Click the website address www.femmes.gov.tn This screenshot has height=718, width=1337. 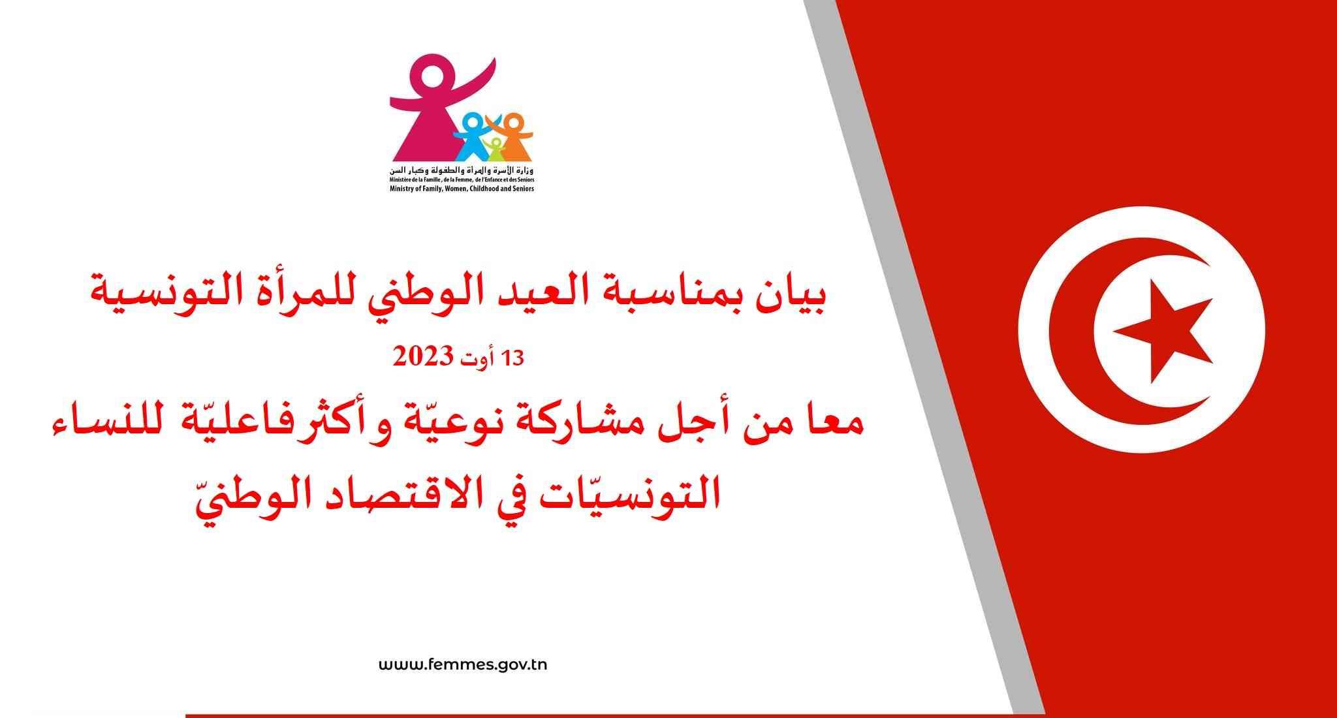pos(463,665)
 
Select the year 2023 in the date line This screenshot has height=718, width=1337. pos(422,358)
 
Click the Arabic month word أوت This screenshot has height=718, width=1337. pos(478,358)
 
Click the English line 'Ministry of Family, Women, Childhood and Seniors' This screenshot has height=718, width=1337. pos(462,189)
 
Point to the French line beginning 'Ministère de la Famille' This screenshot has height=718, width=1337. pos(462,179)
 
